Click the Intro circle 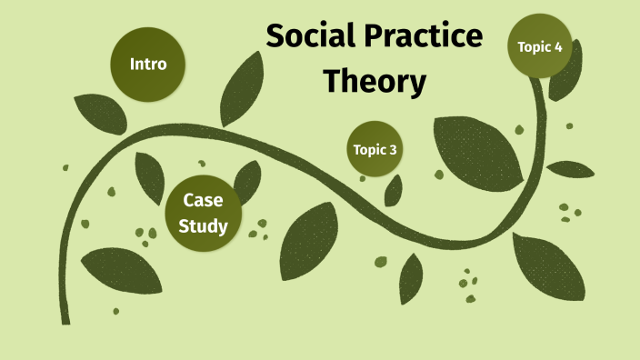point(148,65)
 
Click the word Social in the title point(311,38)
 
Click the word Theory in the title point(375,82)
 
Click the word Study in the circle point(203,225)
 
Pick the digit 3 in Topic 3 point(393,150)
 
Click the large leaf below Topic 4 point(477,147)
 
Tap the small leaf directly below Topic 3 point(394,189)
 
